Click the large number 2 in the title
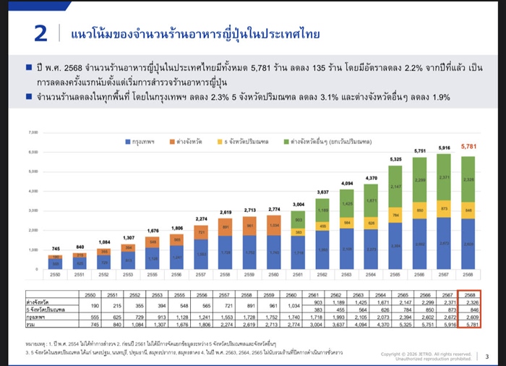coord(42,34)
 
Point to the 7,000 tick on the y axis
coord(32,133)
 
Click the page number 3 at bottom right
coord(486,356)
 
